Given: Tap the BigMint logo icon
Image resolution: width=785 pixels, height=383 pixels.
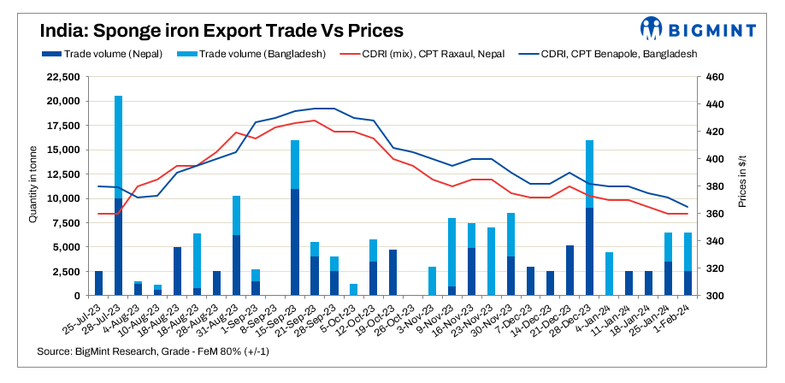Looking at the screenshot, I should pyautogui.click(x=652, y=29).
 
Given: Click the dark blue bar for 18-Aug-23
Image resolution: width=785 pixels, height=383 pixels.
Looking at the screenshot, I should pyautogui.click(x=178, y=271).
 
